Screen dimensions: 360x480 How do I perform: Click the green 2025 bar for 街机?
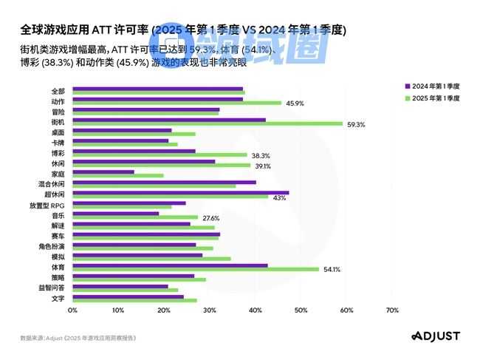[207, 123]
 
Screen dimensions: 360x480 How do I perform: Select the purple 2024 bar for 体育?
[169, 265]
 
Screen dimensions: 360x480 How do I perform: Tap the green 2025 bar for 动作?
[176, 103]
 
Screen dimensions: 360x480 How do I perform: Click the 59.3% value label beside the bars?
[356, 124]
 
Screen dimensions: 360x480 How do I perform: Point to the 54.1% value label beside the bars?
[332, 269]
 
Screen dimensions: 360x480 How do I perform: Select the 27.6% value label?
[211, 218]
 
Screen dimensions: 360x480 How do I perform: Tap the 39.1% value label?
[261, 166]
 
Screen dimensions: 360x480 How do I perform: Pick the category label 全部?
[58, 90]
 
